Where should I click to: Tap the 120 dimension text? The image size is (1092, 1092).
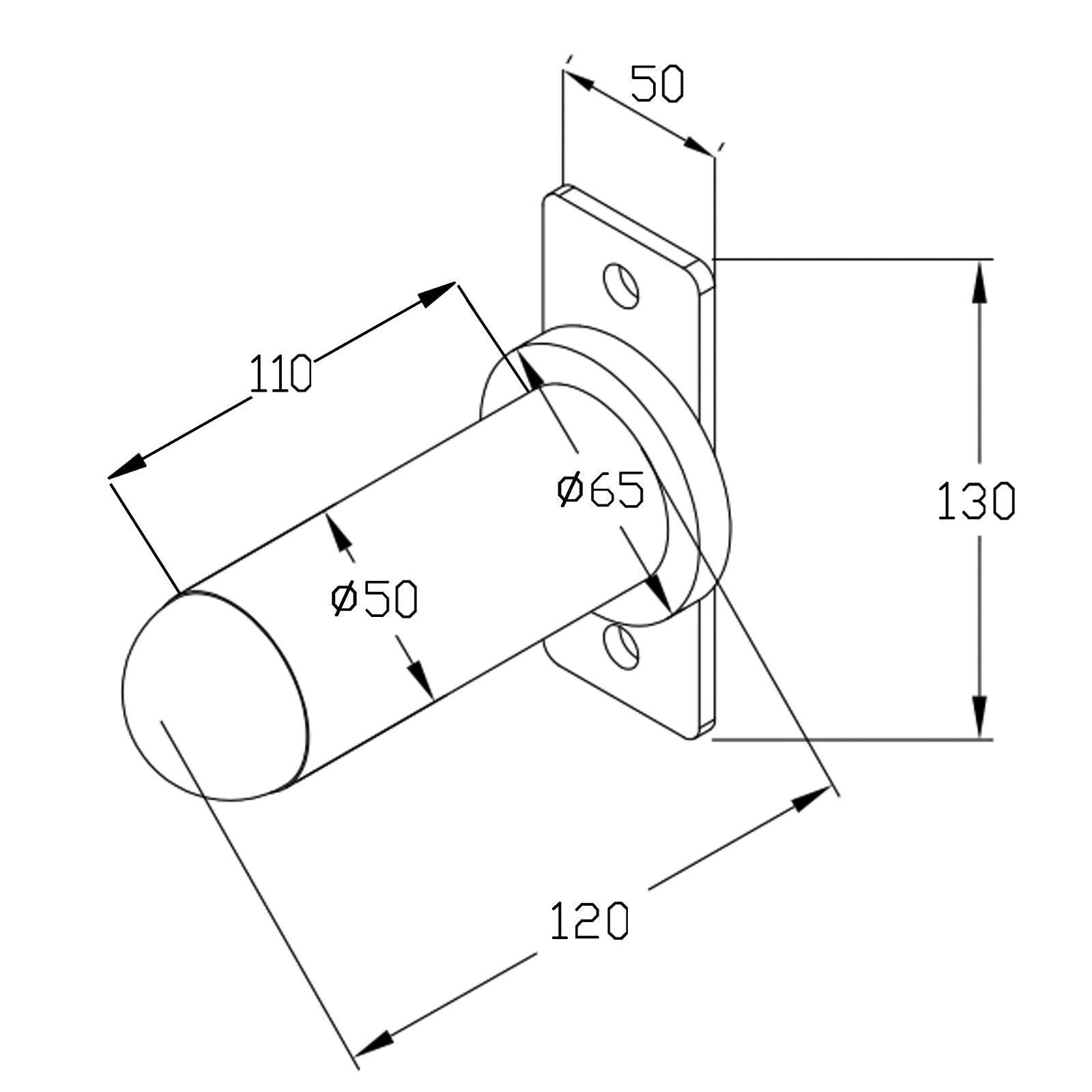tap(589, 921)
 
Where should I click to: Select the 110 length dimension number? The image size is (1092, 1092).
tap(281, 374)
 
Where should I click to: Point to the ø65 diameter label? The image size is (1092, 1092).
tap(601, 489)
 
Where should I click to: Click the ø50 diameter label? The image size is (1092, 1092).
tap(374, 599)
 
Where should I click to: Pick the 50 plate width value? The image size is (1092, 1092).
tap(657, 84)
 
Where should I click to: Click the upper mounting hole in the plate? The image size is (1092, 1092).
tap(622, 285)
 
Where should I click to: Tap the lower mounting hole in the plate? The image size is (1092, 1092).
tap(622, 646)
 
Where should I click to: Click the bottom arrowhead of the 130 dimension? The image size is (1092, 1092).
tap(979, 717)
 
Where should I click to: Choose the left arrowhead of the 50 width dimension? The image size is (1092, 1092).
tap(579, 81)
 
